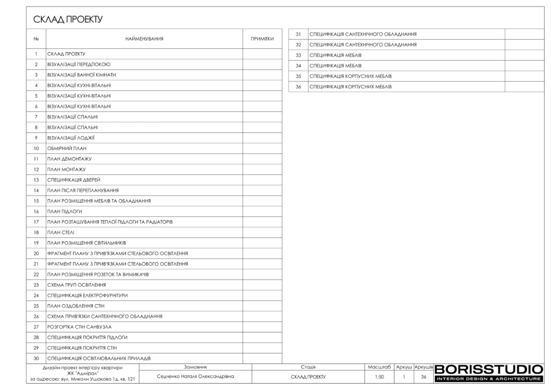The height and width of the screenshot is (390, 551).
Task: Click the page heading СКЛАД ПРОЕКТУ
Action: [x=68, y=20]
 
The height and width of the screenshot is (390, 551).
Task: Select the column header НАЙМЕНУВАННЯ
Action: [x=144, y=39]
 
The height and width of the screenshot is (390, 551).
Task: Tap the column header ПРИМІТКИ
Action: [x=262, y=39]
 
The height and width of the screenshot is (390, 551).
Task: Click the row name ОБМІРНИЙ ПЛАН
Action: [x=67, y=148]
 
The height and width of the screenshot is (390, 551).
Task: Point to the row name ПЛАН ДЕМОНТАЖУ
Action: [x=69, y=159]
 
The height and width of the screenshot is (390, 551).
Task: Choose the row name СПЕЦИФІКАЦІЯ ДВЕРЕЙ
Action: [x=74, y=180]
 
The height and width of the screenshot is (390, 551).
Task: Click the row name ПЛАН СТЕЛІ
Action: [x=61, y=232]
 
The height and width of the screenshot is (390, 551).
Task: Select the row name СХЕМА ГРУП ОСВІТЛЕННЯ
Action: [x=76, y=285]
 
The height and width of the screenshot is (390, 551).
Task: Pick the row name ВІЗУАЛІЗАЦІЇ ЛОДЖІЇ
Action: [x=71, y=138]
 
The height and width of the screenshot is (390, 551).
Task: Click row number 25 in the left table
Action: [x=36, y=306]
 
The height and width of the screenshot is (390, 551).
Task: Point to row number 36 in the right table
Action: [x=298, y=87]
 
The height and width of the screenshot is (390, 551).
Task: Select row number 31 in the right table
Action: [x=298, y=34]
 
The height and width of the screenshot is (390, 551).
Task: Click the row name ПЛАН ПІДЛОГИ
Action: [x=65, y=211]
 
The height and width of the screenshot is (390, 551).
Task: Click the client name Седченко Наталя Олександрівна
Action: [x=195, y=377]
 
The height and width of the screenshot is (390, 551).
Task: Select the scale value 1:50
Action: [x=379, y=377]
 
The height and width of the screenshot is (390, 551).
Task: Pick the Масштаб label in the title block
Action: [x=379, y=367]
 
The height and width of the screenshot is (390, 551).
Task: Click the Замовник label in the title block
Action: [x=195, y=367]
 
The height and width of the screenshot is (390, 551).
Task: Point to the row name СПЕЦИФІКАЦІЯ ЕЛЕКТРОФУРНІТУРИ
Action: [x=87, y=296]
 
